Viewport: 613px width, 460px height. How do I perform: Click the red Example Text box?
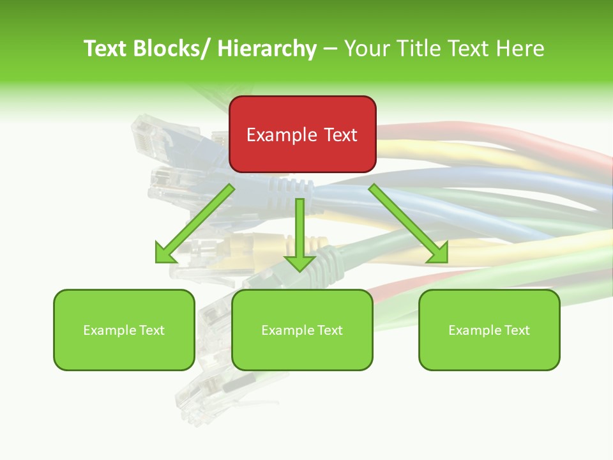click(303, 134)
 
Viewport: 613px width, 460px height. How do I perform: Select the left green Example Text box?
click(124, 330)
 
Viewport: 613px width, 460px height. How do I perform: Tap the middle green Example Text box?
click(302, 330)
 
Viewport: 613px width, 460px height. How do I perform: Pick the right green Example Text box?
click(489, 330)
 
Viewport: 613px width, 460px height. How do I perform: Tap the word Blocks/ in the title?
click(167, 49)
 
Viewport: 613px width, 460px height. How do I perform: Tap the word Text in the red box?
click(340, 135)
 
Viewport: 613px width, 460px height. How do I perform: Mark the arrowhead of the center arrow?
click(299, 262)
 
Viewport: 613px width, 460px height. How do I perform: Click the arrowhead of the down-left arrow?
click(164, 254)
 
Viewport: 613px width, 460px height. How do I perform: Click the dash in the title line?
click(330, 49)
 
